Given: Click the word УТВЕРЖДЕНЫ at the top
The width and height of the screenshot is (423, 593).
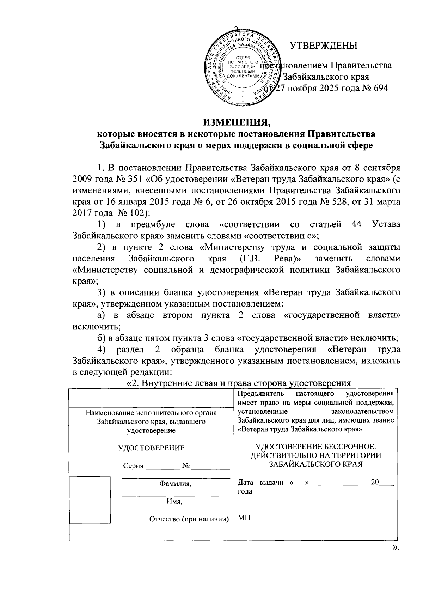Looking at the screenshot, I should (323, 46).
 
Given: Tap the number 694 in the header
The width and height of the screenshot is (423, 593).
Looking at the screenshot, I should (378, 88).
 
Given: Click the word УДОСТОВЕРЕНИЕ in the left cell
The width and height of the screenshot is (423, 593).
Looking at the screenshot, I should (151, 448).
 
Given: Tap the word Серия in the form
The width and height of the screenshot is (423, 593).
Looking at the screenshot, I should (133, 466).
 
